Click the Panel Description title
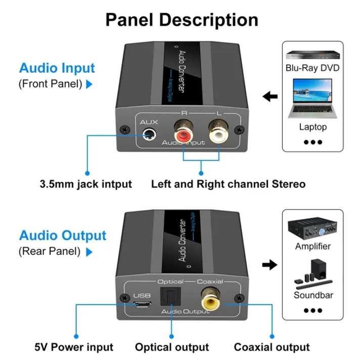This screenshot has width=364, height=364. tap(181, 20)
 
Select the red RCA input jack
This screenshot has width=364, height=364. tap(183, 135)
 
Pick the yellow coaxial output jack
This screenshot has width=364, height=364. tap(210, 301)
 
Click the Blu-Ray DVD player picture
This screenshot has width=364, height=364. tap(312, 55)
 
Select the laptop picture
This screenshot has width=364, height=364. tap(312, 102)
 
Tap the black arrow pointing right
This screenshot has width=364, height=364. tap(270, 264)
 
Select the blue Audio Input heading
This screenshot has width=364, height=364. tap(57, 68)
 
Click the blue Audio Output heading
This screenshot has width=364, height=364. tap(63, 236)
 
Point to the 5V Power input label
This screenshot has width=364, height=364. tap(74, 347)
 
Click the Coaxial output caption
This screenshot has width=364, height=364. tap(271, 347)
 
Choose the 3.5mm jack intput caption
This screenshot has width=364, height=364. tap(85, 184)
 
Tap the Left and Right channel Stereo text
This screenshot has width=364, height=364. tap(228, 184)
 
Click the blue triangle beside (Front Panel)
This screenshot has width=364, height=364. tap(89, 84)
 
